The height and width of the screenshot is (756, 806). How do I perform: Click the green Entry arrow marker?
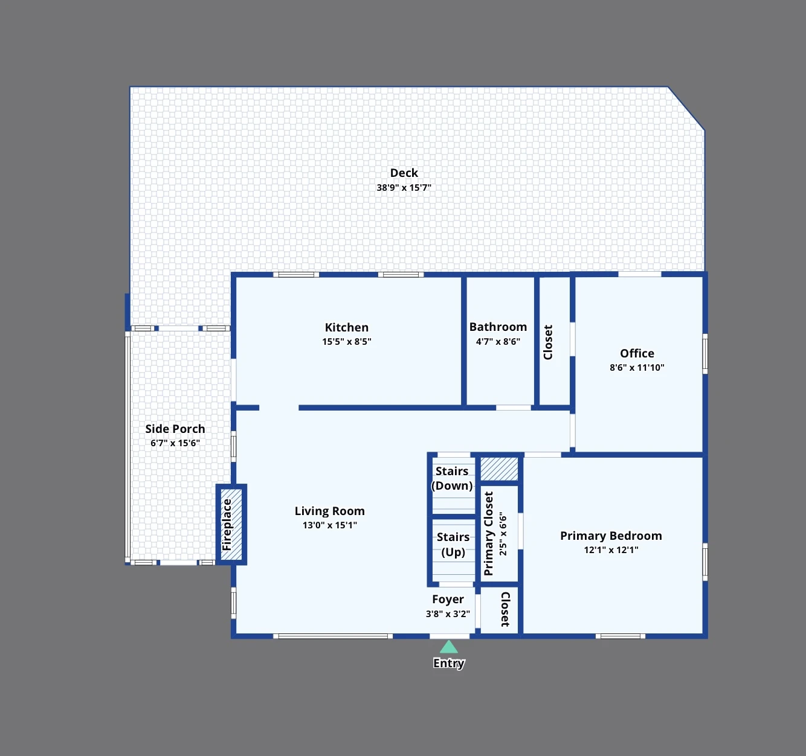[x=449, y=647]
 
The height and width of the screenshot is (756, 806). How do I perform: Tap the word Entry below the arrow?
[x=449, y=663]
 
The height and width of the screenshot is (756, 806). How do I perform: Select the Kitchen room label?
[x=347, y=327]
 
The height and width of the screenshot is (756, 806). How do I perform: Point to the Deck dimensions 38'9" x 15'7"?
[x=404, y=187]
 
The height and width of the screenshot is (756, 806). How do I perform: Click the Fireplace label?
[x=227, y=525]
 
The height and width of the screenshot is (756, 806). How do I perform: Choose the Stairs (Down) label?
[x=452, y=478]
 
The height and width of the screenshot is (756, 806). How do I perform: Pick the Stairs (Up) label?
[x=453, y=545]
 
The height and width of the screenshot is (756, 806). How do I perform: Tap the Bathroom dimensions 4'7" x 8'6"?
[x=498, y=342]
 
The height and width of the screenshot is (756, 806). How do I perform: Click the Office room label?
[x=637, y=353]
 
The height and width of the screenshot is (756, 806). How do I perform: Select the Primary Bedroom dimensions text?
[x=611, y=550]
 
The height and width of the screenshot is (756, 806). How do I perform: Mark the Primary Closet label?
[x=489, y=534]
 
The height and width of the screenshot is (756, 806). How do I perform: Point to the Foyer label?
[x=448, y=600]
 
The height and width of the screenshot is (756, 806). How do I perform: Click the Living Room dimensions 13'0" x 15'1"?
[x=329, y=525]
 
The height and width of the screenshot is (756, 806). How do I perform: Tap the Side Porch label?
[x=175, y=429]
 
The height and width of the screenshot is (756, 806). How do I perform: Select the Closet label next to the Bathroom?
[x=548, y=342]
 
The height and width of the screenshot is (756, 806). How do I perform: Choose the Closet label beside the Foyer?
[x=505, y=609]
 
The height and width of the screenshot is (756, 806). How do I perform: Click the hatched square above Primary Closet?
[x=499, y=469]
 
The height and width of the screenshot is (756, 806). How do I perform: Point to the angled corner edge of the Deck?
[x=686, y=108]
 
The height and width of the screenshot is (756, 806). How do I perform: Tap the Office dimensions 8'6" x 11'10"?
[x=637, y=368]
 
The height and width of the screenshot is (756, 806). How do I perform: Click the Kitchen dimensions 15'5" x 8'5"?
[x=347, y=342]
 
